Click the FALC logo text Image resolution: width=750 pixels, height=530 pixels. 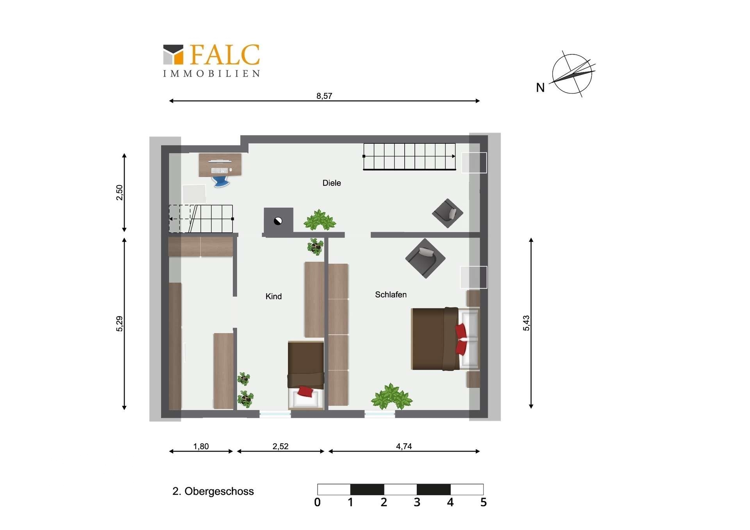coord(225,54)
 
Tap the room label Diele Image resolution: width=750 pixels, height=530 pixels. coord(332,183)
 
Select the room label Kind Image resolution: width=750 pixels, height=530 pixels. coord(273,296)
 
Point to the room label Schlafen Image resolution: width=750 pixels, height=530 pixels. coord(391,294)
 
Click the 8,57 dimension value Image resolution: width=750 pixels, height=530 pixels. coord(324,96)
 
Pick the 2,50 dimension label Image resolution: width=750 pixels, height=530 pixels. coord(120,193)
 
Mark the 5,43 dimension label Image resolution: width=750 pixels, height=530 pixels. coord(526,323)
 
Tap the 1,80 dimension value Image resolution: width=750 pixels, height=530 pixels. coord(201,446)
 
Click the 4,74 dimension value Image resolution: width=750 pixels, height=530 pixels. coord(404,446)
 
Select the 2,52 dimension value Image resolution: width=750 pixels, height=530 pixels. coord(280,446)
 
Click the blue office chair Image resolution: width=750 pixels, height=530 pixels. coord(221,181)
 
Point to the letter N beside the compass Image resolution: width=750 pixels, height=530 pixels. coord(540,87)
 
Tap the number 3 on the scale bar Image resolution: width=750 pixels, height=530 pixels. coord(417,502)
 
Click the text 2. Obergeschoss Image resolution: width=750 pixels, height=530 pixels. coord(213,491)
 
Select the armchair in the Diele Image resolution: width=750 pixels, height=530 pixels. coord(448,213)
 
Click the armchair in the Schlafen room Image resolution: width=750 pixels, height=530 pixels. coord(425,258)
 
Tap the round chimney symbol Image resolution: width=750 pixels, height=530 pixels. coord(278,221)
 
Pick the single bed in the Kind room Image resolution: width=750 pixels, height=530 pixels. coord(306,375)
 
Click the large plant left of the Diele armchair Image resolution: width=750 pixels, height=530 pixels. coord(320,220)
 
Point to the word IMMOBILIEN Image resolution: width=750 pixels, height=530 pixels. coord(211,74)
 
